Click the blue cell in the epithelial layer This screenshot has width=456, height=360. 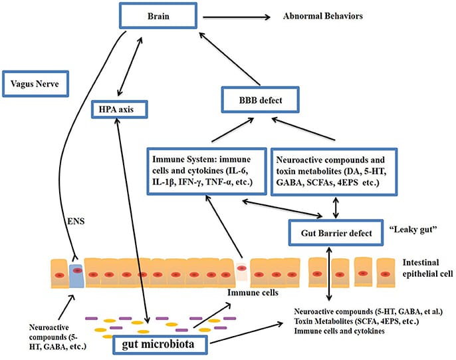pyautogui.click(x=77, y=275)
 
